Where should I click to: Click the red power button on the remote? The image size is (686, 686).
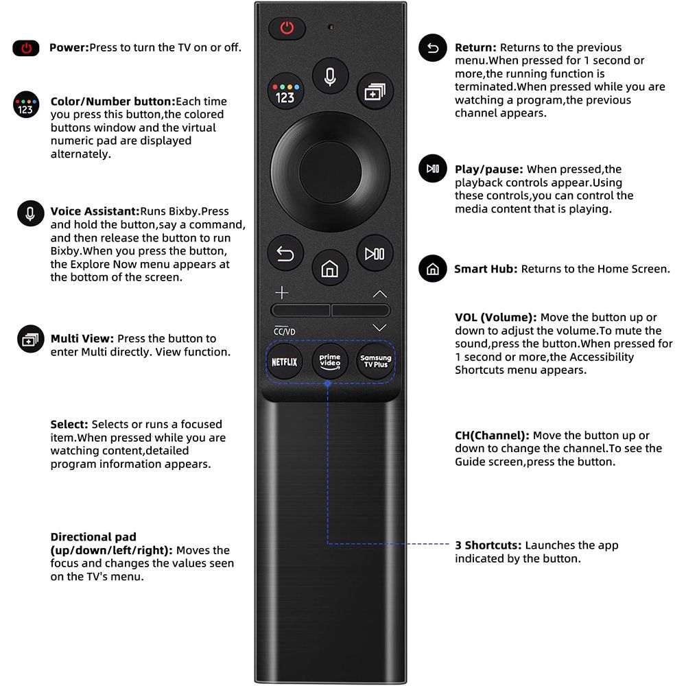click(287, 28)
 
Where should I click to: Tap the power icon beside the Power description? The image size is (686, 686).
click(26, 48)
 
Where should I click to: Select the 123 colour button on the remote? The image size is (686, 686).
click(285, 91)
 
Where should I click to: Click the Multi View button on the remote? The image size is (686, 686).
click(375, 91)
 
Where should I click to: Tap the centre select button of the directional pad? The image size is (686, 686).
click(331, 171)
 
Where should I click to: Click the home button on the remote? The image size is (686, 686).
click(330, 268)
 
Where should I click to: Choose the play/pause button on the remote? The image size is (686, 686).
click(375, 253)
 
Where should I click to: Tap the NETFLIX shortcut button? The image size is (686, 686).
click(285, 362)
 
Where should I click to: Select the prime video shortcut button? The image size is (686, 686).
click(330, 362)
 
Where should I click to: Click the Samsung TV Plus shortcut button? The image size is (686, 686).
click(375, 362)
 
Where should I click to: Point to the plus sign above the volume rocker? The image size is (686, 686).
click(282, 293)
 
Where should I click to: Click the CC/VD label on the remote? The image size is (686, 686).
click(285, 331)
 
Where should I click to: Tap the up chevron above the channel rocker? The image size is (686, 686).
click(380, 294)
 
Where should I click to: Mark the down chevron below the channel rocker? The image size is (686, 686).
click(379, 327)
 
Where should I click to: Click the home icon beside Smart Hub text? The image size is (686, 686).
click(432, 269)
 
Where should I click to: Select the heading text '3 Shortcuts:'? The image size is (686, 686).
click(488, 545)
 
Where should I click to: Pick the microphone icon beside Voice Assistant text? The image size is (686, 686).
click(30, 214)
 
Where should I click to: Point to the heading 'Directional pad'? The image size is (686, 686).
click(93, 537)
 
